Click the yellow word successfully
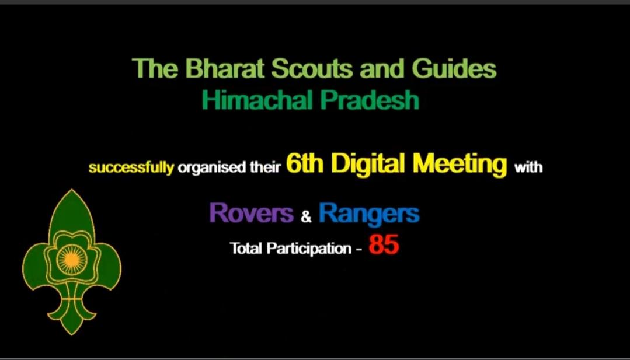tap(131, 169)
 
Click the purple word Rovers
tap(251, 213)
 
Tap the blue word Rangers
tap(369, 214)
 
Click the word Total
tap(247, 249)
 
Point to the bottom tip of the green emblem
tap(72, 333)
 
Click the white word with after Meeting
tap(528, 169)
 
